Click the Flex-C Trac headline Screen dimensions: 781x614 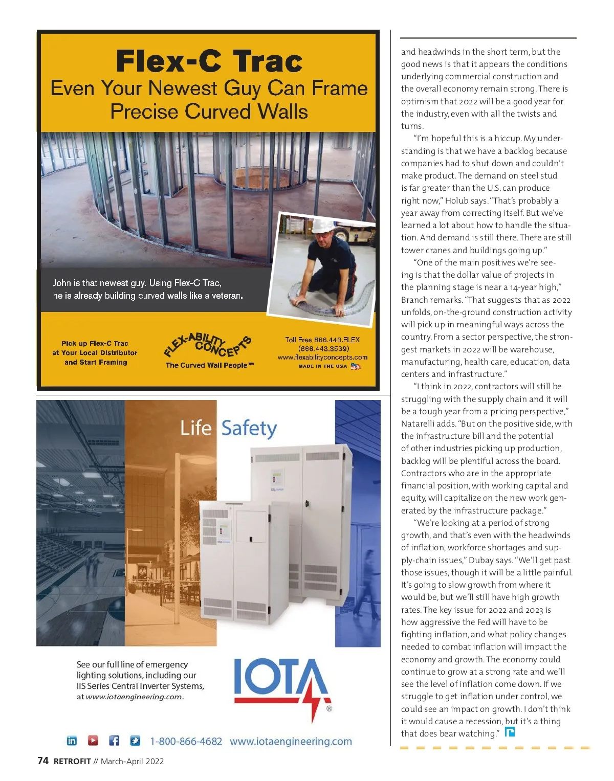(x=209, y=61)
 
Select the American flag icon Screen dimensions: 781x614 (x=356, y=366)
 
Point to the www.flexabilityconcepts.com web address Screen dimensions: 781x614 (x=322, y=358)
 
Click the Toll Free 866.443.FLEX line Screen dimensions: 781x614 (x=322, y=340)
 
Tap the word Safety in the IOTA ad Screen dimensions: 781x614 (x=249, y=429)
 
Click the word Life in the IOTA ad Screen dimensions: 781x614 (x=195, y=428)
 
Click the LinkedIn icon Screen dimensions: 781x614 (x=72, y=741)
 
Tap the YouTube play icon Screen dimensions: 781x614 (x=93, y=741)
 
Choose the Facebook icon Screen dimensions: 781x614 (x=114, y=741)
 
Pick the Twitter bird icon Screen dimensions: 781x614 (x=135, y=741)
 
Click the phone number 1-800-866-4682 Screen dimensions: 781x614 (x=186, y=742)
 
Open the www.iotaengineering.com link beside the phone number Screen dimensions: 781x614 (x=291, y=742)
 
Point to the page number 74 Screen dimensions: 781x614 (x=43, y=761)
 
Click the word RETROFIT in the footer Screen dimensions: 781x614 (x=72, y=762)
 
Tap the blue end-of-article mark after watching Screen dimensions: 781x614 (x=510, y=732)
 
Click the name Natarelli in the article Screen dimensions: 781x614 (x=419, y=424)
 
